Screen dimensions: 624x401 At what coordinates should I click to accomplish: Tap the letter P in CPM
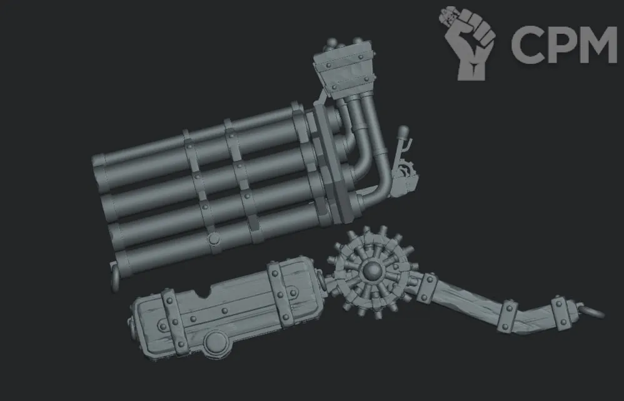[560, 44]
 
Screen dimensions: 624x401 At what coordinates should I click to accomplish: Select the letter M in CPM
[598, 44]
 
